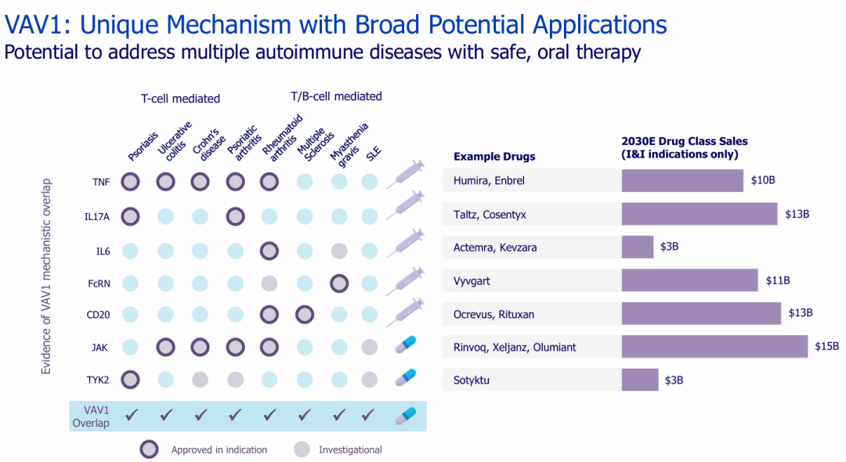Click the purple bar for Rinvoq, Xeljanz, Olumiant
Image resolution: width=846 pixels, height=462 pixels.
714,347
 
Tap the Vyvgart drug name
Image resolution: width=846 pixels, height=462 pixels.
472,280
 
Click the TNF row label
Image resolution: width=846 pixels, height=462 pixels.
99,182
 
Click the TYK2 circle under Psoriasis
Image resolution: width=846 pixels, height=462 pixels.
131,380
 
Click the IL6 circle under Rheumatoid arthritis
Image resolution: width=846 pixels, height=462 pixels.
269,251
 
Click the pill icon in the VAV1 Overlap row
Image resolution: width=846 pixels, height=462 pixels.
405,415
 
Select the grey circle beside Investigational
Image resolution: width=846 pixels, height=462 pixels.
302,449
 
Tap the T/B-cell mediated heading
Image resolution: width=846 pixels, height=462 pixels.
336,96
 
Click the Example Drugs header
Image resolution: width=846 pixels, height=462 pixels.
494,157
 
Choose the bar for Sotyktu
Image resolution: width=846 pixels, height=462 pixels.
640,380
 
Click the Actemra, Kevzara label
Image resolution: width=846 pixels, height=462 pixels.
495,247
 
